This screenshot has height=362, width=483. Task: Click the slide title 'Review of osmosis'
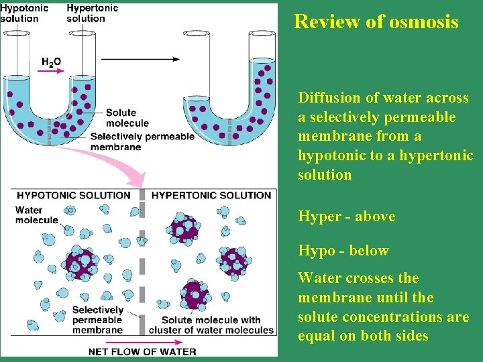point(376,21)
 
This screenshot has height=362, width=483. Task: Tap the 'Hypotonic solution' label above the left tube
point(24,13)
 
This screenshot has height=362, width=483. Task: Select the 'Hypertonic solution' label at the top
point(92,13)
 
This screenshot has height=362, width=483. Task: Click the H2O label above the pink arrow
point(51,62)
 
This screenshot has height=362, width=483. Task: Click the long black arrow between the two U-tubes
point(141,59)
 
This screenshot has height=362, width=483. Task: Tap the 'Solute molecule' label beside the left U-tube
point(127,118)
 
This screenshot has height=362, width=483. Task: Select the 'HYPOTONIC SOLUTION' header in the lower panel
point(74,196)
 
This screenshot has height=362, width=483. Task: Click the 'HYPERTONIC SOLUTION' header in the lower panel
point(211,196)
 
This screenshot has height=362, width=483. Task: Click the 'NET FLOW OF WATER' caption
point(143,351)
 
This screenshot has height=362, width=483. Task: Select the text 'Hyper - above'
point(346,217)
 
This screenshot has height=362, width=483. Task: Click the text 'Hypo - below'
point(343,251)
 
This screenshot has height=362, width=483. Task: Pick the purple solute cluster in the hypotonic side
point(81,262)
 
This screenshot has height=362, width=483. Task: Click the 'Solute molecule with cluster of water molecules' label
point(211,325)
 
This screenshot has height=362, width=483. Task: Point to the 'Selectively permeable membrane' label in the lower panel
point(97,320)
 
